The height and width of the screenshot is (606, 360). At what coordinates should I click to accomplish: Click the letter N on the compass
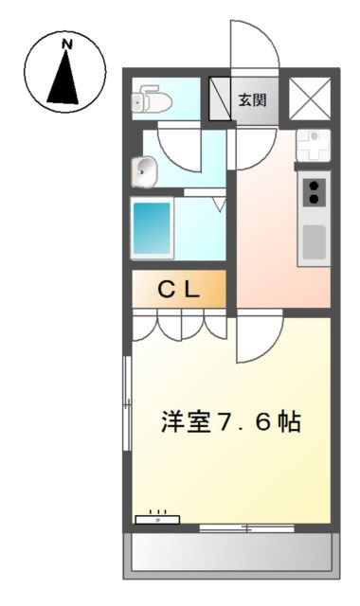click(x=66, y=45)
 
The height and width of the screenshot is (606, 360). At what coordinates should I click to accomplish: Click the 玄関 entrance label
click(x=252, y=99)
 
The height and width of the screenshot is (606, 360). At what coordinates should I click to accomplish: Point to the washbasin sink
click(x=145, y=171)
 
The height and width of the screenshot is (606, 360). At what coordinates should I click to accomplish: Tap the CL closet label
click(x=178, y=291)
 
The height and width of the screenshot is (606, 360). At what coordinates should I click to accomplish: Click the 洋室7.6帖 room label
click(x=230, y=422)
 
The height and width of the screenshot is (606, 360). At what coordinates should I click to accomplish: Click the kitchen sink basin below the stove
click(x=314, y=244)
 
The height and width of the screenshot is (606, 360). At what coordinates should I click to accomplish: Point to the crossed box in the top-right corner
click(x=309, y=98)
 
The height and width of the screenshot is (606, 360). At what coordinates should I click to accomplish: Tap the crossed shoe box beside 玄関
click(x=220, y=98)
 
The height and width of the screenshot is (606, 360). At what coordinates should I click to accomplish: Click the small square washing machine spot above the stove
click(x=313, y=145)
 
